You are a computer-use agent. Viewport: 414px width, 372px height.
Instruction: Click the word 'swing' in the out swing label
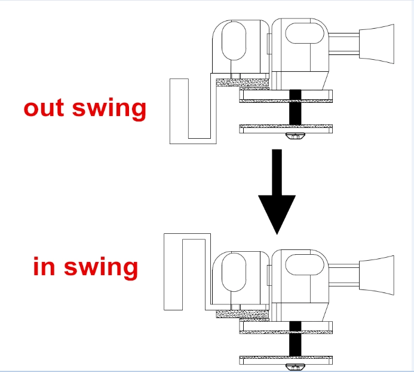(109, 109)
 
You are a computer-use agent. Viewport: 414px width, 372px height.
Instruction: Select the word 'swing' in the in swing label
(101, 267)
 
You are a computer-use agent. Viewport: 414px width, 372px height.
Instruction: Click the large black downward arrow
(277, 192)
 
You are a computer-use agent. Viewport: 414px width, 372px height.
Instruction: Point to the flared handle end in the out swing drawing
(376, 44)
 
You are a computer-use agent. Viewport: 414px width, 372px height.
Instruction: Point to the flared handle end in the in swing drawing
(376, 275)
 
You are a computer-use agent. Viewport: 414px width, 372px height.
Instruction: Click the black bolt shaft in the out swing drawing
(295, 107)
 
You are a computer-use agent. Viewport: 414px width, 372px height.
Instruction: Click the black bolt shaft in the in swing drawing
(295, 339)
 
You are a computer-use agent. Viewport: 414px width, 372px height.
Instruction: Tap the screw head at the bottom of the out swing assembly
(295, 136)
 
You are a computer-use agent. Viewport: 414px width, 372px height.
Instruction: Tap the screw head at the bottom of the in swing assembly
(295, 367)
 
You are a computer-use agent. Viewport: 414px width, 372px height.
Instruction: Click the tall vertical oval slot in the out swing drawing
(234, 41)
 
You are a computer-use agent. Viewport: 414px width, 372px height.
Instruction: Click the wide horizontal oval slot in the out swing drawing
(305, 33)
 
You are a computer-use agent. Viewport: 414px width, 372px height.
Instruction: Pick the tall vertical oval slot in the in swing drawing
(234, 272)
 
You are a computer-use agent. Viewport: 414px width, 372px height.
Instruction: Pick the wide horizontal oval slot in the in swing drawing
(305, 265)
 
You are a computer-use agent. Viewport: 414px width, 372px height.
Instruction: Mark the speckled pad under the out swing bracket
(243, 83)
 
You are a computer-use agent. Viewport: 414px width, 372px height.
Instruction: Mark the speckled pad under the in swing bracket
(243, 314)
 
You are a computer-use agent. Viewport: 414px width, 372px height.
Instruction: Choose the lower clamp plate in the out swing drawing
(286, 129)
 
